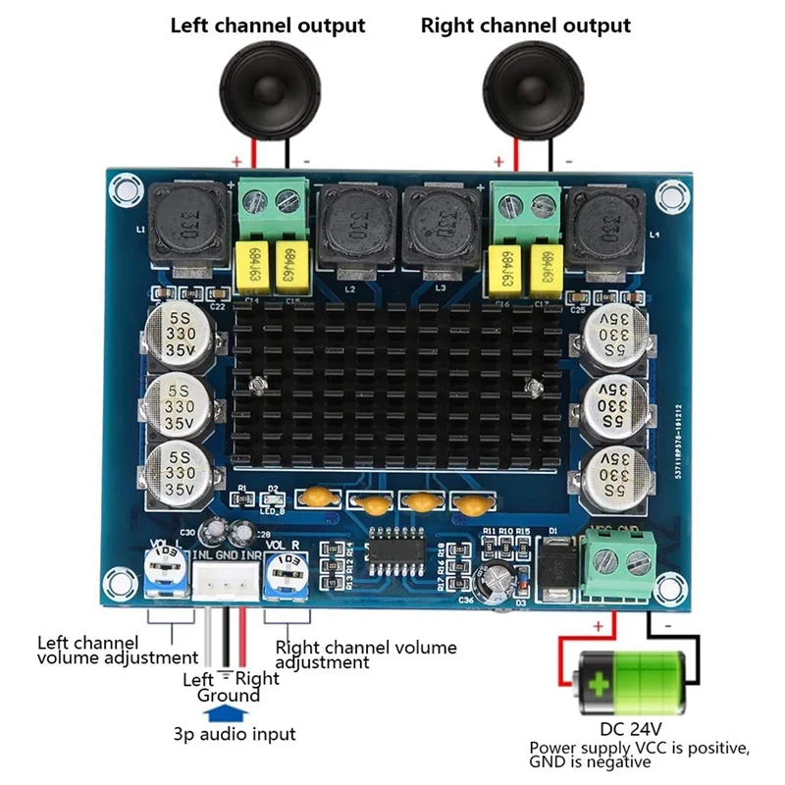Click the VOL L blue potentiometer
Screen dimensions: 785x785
(x=164, y=572)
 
